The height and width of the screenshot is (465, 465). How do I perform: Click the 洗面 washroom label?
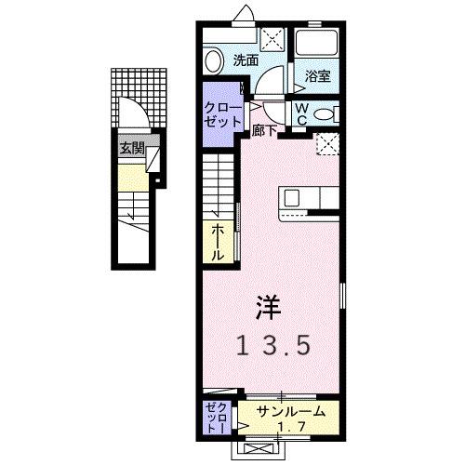point(246,60)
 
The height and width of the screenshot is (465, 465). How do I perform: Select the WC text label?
point(302,113)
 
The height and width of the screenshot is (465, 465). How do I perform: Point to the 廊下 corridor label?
point(264,131)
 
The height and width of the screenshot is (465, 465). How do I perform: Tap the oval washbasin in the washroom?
point(214,61)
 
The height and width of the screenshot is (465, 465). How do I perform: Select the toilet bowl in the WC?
point(324,113)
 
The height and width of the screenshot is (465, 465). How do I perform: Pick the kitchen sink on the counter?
point(291,197)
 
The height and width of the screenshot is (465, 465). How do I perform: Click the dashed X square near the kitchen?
point(326,142)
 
